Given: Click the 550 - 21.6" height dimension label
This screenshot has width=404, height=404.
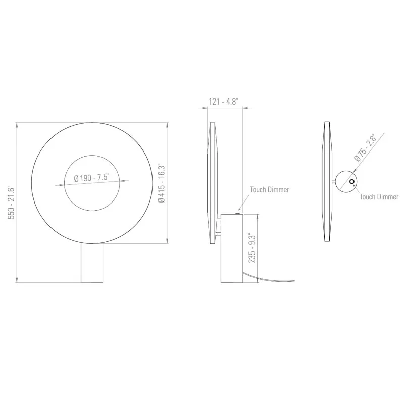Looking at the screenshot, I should (11, 203).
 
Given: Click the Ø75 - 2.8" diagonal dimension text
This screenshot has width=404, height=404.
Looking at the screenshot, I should (366, 148).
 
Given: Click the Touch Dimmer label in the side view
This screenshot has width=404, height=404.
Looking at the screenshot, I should (269, 190).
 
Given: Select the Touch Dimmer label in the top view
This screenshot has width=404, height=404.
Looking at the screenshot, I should (379, 197).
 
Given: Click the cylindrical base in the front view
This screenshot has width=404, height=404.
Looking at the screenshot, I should (92, 263).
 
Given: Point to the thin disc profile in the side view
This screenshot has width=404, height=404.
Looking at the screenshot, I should (212, 183).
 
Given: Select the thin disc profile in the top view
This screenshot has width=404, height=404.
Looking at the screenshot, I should (327, 183).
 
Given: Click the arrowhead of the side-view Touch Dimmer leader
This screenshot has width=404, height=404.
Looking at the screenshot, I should (239, 209).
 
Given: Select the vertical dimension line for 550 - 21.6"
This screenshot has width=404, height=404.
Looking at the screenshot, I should (18, 203).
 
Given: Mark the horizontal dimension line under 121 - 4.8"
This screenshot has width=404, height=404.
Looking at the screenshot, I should (225, 108).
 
